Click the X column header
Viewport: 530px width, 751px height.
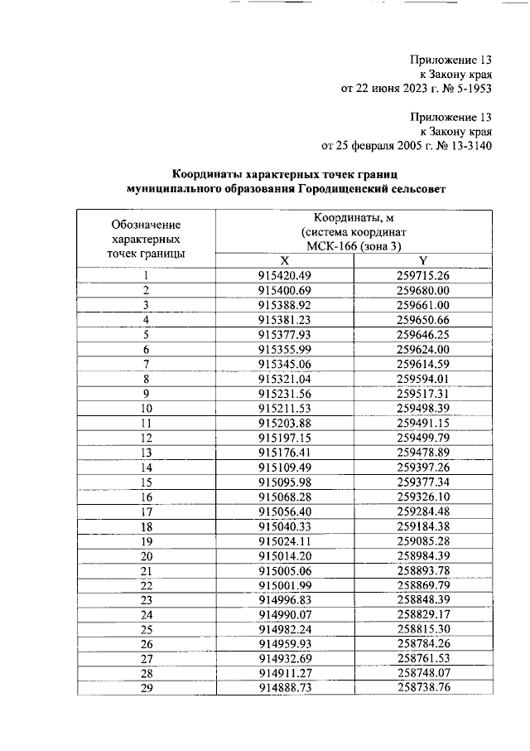tap(284, 260)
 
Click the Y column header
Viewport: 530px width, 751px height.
tap(422, 260)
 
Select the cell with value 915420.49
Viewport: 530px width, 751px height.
tap(284, 275)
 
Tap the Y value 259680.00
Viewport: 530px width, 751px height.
tap(422, 290)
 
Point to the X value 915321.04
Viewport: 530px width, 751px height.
tap(284, 380)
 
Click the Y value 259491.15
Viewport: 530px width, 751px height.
tap(422, 424)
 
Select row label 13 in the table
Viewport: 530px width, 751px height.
tap(147, 453)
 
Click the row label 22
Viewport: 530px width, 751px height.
tap(147, 586)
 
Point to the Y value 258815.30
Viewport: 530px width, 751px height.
tap(422, 631)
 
